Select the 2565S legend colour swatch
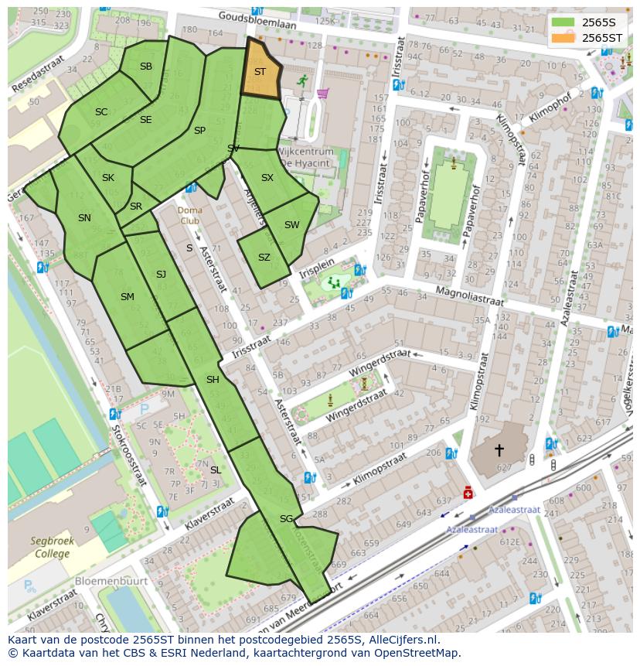tap(563, 22)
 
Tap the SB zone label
tap(146, 67)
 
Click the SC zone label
tap(101, 112)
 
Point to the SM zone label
tap(128, 297)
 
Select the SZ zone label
tap(264, 258)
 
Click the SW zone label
tap(291, 225)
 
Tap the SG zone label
tap(287, 519)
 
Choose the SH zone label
tap(213, 380)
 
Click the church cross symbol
tap(499, 449)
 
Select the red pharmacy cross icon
tap(468, 493)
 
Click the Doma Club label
tap(189, 215)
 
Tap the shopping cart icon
tap(322, 94)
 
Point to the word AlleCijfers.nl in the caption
tap(400, 640)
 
